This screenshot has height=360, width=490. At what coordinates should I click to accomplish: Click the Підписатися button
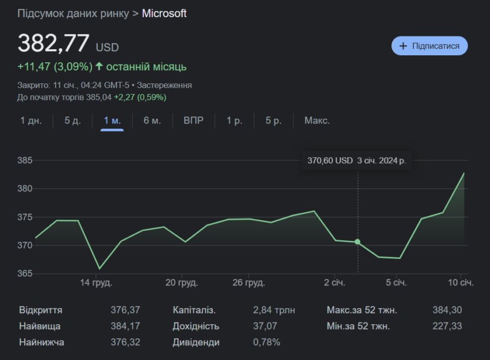pyautogui.click(x=430, y=46)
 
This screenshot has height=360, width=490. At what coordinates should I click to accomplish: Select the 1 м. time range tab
pyautogui.click(x=112, y=120)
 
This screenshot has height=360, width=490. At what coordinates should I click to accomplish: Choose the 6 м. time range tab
pyautogui.click(x=152, y=120)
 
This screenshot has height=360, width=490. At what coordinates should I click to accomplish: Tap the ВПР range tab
pyautogui.click(x=194, y=120)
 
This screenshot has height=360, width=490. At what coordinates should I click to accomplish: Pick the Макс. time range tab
pyautogui.click(x=317, y=120)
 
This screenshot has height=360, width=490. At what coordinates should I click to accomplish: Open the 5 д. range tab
pyautogui.click(x=73, y=120)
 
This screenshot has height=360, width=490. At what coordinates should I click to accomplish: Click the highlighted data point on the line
pyautogui.click(x=357, y=242)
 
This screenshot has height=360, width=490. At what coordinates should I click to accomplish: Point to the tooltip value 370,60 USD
pyautogui.click(x=330, y=160)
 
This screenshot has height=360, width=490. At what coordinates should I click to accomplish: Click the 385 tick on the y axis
pyautogui.click(x=25, y=160)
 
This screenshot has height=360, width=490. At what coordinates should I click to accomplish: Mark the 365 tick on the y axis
pyautogui.click(x=25, y=273)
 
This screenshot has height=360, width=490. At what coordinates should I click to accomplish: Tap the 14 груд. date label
pyautogui.click(x=96, y=282)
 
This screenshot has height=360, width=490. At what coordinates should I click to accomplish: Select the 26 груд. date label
pyautogui.click(x=249, y=282)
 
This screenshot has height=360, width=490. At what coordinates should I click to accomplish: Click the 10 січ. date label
pyautogui.click(x=461, y=282)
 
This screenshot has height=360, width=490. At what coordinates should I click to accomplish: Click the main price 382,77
pyautogui.click(x=53, y=43)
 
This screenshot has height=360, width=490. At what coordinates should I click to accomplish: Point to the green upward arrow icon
pyautogui.click(x=99, y=66)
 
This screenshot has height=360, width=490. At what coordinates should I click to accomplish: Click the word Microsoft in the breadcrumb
pyautogui.click(x=164, y=14)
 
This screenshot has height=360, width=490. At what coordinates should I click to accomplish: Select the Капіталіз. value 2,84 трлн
pyautogui.click(x=273, y=310)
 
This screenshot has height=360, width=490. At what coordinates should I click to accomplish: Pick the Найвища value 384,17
pyautogui.click(x=126, y=326)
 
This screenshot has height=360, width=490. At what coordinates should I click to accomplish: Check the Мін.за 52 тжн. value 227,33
pyautogui.click(x=447, y=326)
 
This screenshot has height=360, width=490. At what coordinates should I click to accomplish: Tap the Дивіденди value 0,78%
pyautogui.click(x=266, y=342)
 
